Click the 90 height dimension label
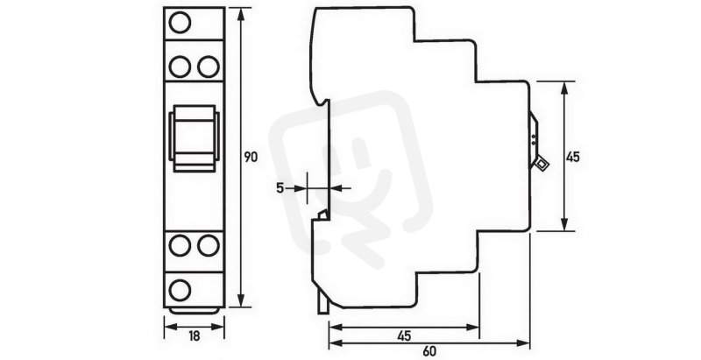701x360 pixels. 251,157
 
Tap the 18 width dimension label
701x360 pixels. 194,336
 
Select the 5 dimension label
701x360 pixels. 280,188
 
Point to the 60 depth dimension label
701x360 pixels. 428,351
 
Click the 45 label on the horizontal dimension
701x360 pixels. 404,335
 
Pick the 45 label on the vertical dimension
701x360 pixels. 573,157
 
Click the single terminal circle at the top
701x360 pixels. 180,23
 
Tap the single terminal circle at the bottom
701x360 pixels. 180,290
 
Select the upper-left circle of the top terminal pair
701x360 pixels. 180,67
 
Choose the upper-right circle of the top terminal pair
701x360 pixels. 209,67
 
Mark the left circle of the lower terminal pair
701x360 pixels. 180,245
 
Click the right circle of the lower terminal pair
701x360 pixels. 209,245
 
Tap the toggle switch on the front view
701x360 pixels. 194,138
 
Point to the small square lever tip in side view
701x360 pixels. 542,164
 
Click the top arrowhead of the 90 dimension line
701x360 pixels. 242,14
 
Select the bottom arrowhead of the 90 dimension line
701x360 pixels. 242,300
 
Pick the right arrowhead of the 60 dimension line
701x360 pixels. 523,343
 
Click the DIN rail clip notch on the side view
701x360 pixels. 322,215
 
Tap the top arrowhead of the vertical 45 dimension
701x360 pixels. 564,88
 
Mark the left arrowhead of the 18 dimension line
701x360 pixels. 171,327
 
